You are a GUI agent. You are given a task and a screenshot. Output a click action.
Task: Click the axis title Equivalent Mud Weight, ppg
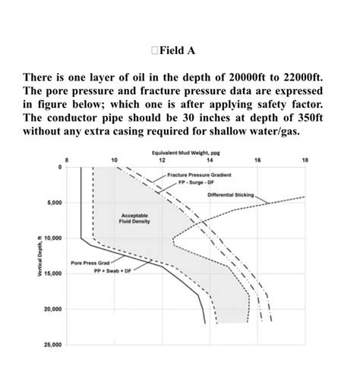coord(185,152)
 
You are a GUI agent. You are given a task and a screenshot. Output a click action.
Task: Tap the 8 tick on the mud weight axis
coord(67,160)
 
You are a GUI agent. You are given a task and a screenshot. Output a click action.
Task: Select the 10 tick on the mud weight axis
coord(114,160)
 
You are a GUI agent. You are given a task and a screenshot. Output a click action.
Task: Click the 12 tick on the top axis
coord(162,160)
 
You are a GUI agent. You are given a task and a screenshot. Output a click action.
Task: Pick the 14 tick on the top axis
coord(210,160)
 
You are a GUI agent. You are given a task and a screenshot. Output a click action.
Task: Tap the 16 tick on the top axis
coord(257,160)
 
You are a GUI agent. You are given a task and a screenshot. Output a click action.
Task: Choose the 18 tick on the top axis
coord(305,160)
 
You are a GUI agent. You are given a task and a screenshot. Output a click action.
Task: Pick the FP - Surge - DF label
coord(196,182)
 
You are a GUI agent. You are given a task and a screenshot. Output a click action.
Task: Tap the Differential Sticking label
coord(234,195)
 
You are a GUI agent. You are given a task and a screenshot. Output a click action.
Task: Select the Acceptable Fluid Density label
coord(134,219)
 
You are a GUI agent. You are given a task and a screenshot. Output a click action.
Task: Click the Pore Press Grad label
coord(87,263)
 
